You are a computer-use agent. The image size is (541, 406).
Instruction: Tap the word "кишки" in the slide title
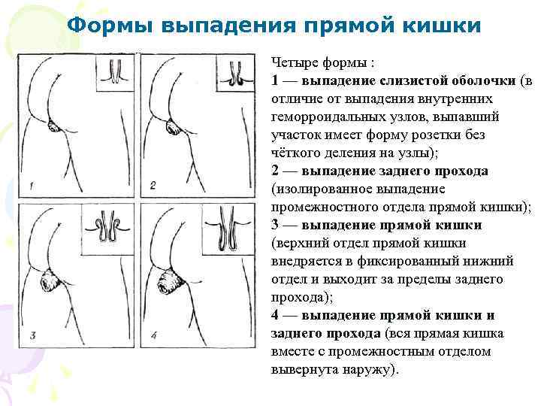(x=437, y=26)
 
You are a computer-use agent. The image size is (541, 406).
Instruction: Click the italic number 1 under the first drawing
(x=32, y=184)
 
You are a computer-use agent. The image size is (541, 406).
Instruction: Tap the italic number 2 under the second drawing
(x=153, y=184)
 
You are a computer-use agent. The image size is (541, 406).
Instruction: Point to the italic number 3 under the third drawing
(x=32, y=335)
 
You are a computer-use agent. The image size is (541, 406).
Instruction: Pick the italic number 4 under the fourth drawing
(x=153, y=335)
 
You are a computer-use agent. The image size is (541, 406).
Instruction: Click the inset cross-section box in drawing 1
(x=115, y=72)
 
